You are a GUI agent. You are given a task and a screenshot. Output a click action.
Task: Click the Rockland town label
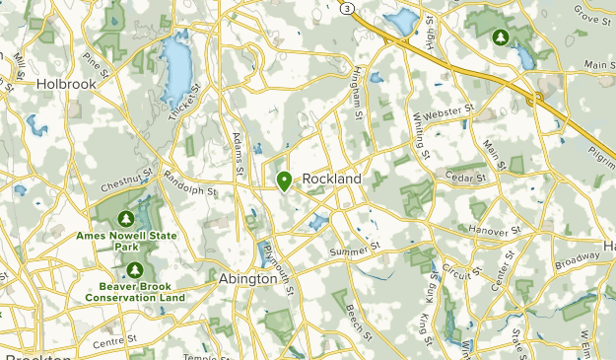(x=331, y=179)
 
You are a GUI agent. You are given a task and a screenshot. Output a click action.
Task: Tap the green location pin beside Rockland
(x=284, y=181)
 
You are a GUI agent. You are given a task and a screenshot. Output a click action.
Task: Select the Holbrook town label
(x=66, y=85)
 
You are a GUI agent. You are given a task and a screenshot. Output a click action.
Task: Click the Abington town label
(x=248, y=279)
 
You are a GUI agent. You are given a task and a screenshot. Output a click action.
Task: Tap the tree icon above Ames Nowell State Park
(x=125, y=218)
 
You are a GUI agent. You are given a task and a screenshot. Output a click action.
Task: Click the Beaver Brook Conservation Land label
(x=135, y=291)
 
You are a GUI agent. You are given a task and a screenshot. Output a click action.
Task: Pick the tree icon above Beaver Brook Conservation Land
(x=135, y=269)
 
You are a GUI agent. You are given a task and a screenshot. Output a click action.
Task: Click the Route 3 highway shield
(x=347, y=7)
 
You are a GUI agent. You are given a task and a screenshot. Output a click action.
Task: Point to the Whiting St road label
(x=422, y=134)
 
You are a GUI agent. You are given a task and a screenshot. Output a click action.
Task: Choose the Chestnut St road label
(x=127, y=180)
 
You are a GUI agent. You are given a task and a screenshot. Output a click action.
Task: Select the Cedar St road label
(x=467, y=179)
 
